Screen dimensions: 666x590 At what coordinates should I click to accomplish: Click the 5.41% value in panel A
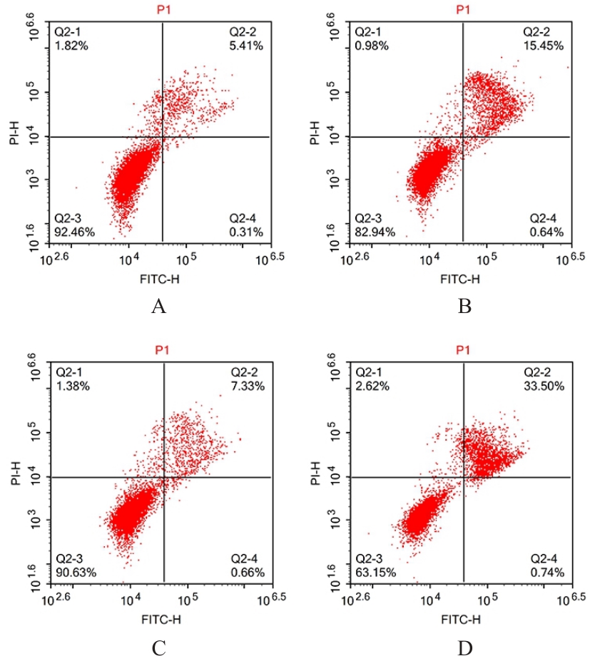coord(246,46)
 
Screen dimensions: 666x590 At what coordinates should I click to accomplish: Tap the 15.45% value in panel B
coord(545,46)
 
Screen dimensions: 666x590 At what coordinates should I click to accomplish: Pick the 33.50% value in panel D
coord(546,386)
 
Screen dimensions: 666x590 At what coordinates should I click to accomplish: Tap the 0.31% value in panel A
coord(246,231)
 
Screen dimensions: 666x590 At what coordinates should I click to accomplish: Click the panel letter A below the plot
coord(158,307)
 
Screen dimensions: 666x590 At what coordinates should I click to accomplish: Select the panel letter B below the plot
coord(464,307)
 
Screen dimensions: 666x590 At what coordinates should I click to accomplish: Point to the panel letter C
coord(158,648)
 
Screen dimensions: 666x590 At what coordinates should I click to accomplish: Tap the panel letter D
coord(464,648)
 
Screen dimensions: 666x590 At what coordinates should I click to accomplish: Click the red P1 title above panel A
coord(163,9)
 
